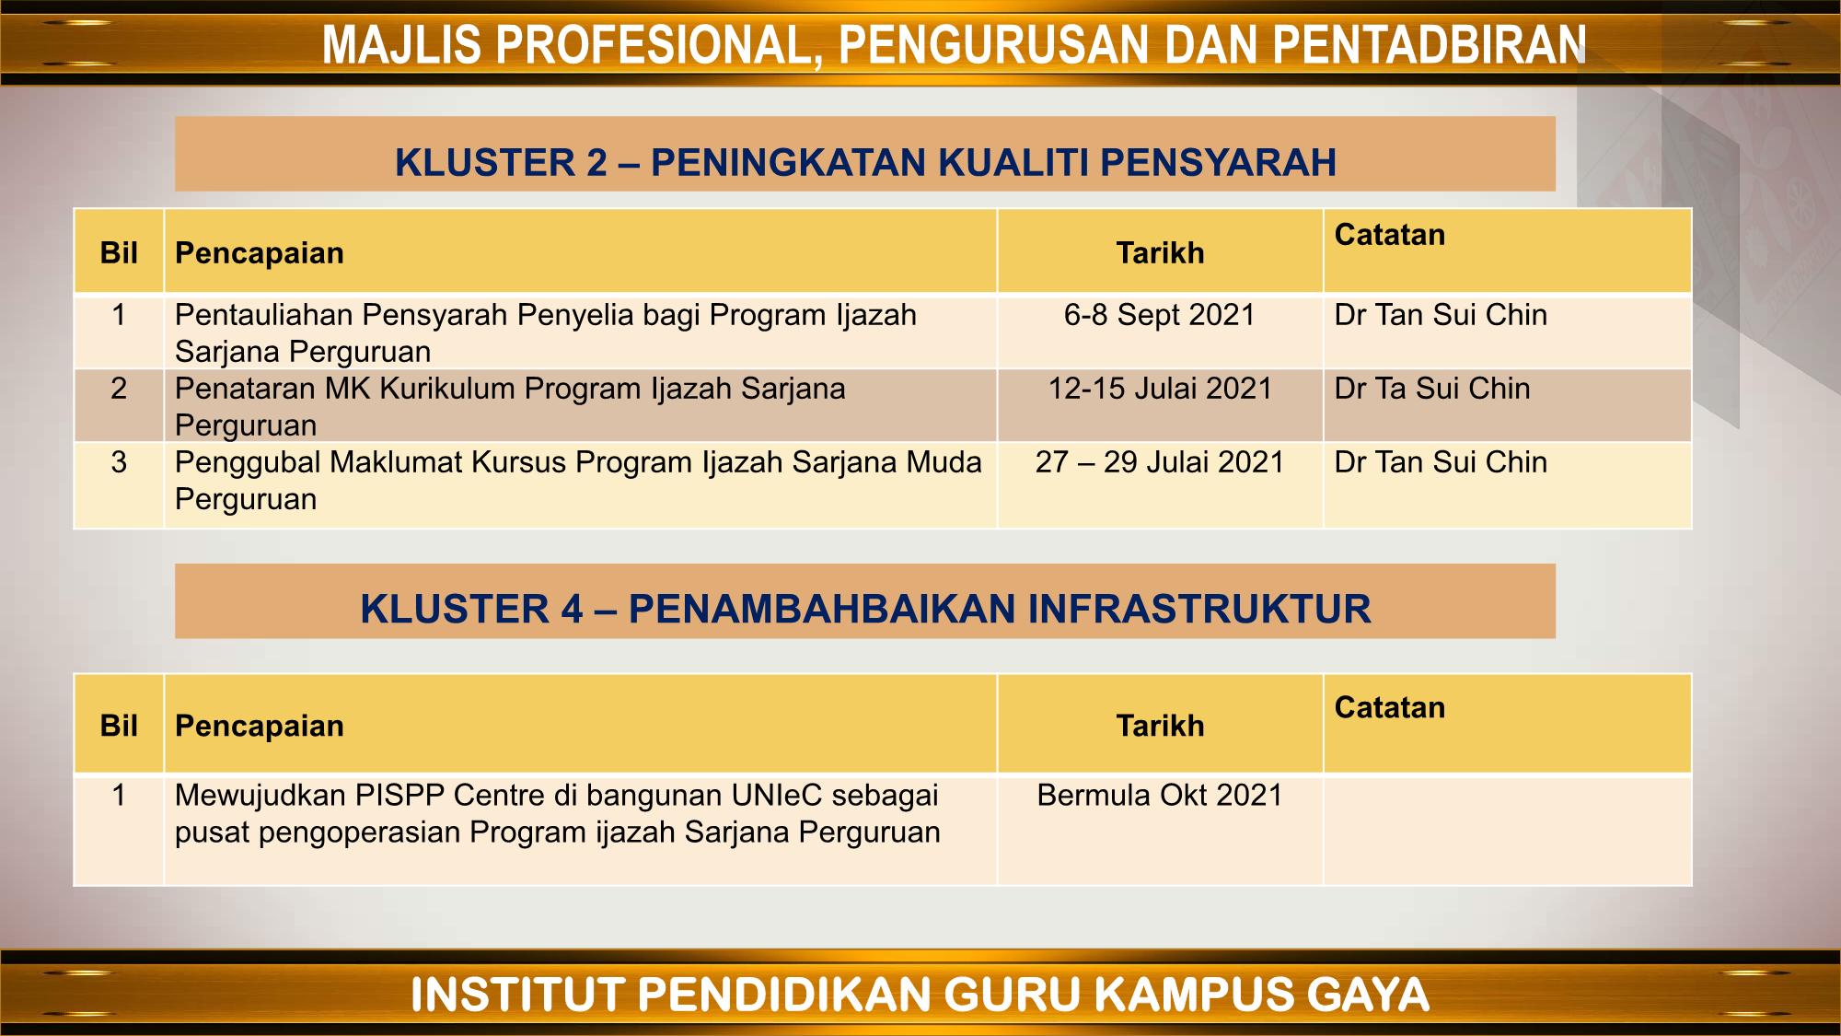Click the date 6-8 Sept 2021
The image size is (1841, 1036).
point(1159,315)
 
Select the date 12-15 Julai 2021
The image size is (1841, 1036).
point(1160,389)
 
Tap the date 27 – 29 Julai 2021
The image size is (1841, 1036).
point(1159,462)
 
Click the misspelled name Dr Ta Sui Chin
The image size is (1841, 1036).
point(1431,389)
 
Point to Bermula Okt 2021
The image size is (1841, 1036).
point(1159,796)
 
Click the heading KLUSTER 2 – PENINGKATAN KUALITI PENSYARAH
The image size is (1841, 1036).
point(865,163)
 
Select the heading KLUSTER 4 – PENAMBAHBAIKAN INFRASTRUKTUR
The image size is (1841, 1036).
point(865,610)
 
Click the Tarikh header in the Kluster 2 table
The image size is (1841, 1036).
point(1160,253)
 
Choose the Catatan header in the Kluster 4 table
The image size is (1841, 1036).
point(1389,708)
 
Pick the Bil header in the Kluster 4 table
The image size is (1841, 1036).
point(119,727)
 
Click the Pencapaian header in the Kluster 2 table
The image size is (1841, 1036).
point(259,253)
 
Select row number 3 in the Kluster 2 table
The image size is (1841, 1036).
point(119,462)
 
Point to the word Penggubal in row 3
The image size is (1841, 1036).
point(248,462)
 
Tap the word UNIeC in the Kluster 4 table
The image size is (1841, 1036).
point(777,796)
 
